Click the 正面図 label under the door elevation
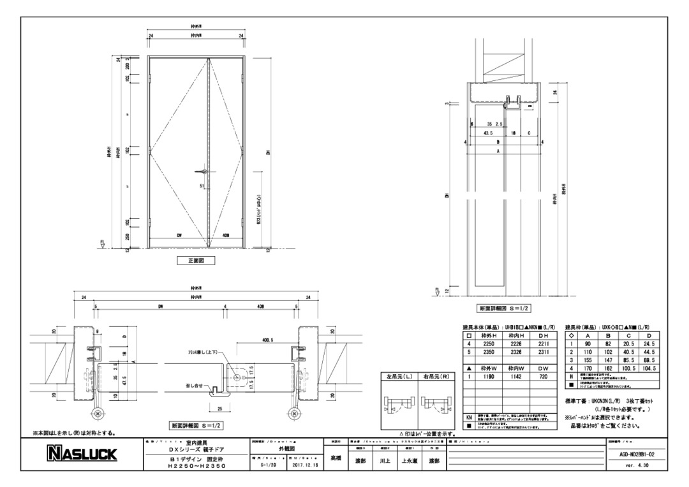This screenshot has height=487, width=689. click(196, 260)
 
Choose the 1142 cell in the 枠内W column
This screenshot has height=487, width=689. click(517, 377)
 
